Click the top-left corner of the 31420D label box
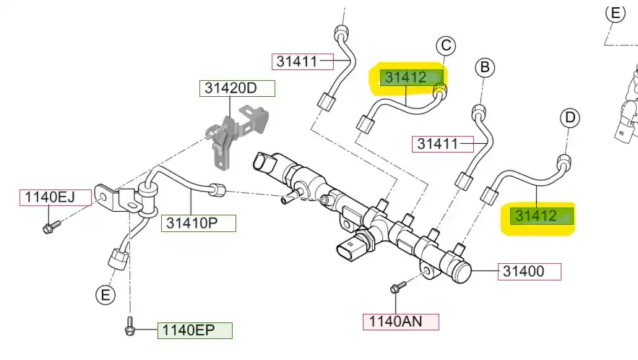[x=200, y=81]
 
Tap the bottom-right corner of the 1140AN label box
[x=439, y=330]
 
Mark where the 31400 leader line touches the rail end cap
[x=471, y=271]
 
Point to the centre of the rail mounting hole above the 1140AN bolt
[x=427, y=272]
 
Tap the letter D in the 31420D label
[x=251, y=88]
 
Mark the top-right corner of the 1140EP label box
[x=233, y=323]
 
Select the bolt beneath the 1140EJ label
[x=51, y=227]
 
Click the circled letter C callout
[x=446, y=46]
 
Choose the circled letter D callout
[x=570, y=118]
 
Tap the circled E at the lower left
[x=105, y=294]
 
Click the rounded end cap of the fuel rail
[x=461, y=272]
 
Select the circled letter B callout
[x=485, y=67]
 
